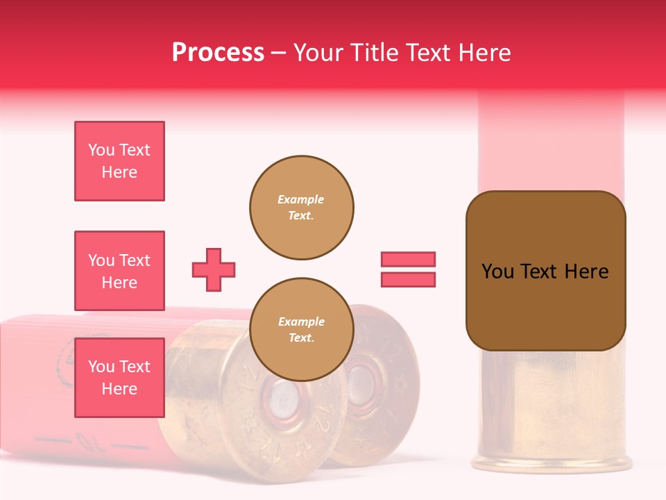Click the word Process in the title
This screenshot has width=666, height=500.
coord(218,53)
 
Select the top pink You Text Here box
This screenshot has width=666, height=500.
coord(119,161)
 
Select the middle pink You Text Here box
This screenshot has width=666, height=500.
coord(119,271)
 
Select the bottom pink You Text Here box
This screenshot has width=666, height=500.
coord(119,377)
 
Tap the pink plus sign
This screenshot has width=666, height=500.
coord(214,269)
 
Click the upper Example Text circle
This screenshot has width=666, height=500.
coord(302,208)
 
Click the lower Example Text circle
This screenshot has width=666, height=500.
coord(302,330)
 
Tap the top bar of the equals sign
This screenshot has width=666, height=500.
coord(408,259)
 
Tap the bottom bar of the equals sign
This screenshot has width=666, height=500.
coord(408,279)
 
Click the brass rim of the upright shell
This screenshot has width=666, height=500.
coord(552,462)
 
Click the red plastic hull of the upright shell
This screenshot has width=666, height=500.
coord(552,139)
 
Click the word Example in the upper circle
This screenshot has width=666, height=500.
coord(300,200)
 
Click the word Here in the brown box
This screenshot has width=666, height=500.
coord(586,272)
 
